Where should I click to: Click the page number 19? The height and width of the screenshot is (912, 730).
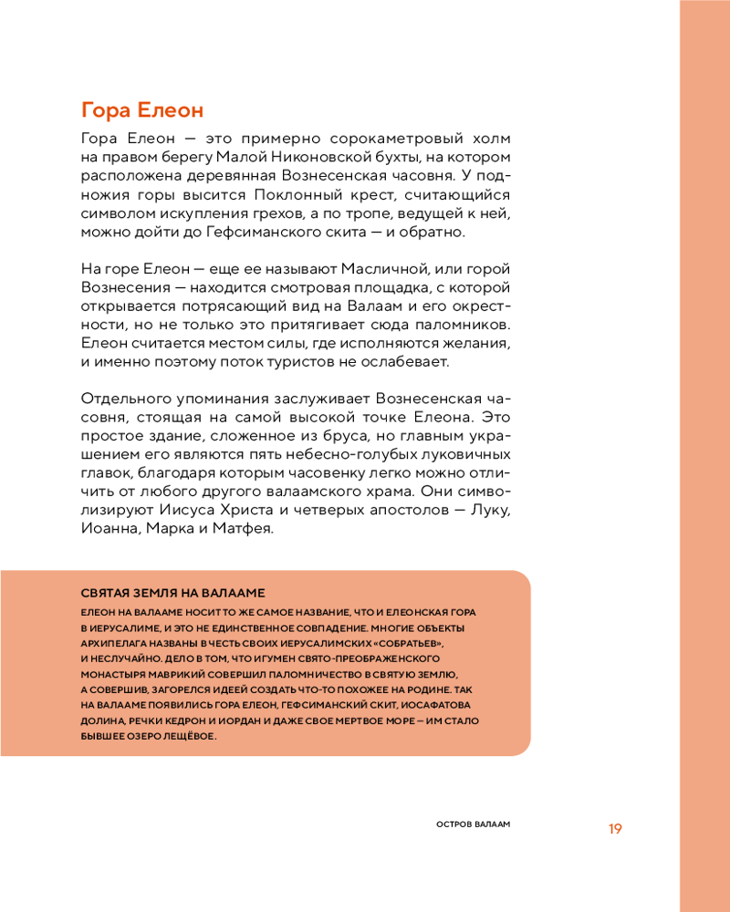[x=615, y=829]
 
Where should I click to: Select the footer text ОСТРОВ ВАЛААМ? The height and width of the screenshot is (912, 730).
[x=471, y=824]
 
